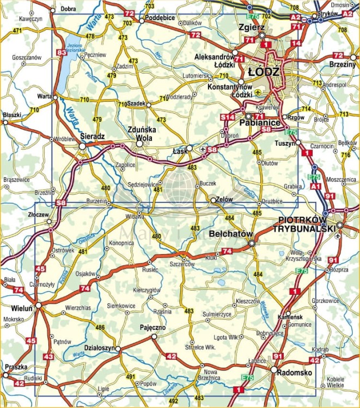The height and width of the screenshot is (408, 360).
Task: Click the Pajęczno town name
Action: pos(153,328)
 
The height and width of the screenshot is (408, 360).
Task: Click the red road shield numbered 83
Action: pos(62,52)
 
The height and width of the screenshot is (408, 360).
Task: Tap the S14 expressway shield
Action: pos(227,117)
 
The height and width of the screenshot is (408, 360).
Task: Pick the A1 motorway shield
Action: pos(315,187)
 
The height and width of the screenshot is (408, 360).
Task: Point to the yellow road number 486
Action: pos(100,327)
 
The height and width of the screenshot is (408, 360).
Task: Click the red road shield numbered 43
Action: pos(48,356)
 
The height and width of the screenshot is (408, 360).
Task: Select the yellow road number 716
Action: pos(345,155)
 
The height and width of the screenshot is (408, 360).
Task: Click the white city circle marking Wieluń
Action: pos(37,305)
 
